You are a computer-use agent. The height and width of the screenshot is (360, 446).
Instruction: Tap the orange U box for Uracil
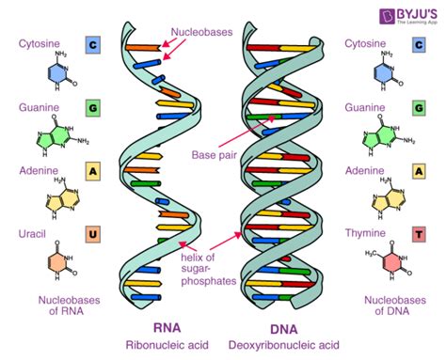[x=93, y=233]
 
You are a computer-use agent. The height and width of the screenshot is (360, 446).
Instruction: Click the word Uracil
[x=37, y=233]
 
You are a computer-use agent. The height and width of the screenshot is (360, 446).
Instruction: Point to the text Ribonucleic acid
[x=166, y=346]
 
